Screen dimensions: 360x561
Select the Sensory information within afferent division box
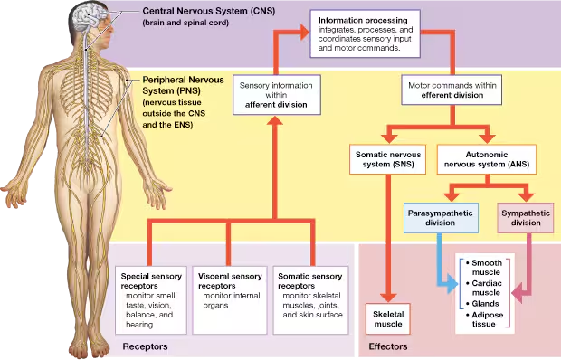[x=275, y=95]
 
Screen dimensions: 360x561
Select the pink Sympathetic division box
[x=526, y=216]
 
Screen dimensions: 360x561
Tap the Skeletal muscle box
[x=390, y=316]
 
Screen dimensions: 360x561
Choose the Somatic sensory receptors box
[x=310, y=293]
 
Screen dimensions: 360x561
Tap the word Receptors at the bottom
[x=145, y=346]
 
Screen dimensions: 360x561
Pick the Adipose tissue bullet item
[x=487, y=320]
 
